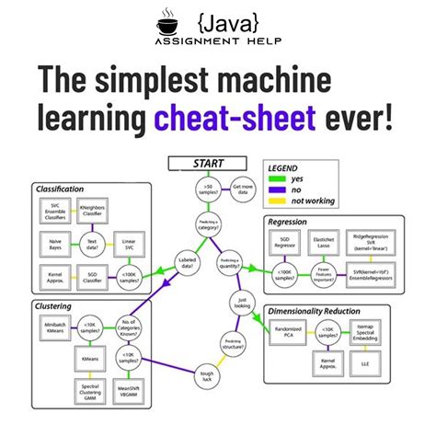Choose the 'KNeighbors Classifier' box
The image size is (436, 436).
coord(92,212)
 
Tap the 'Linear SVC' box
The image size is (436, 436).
coord(130,244)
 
